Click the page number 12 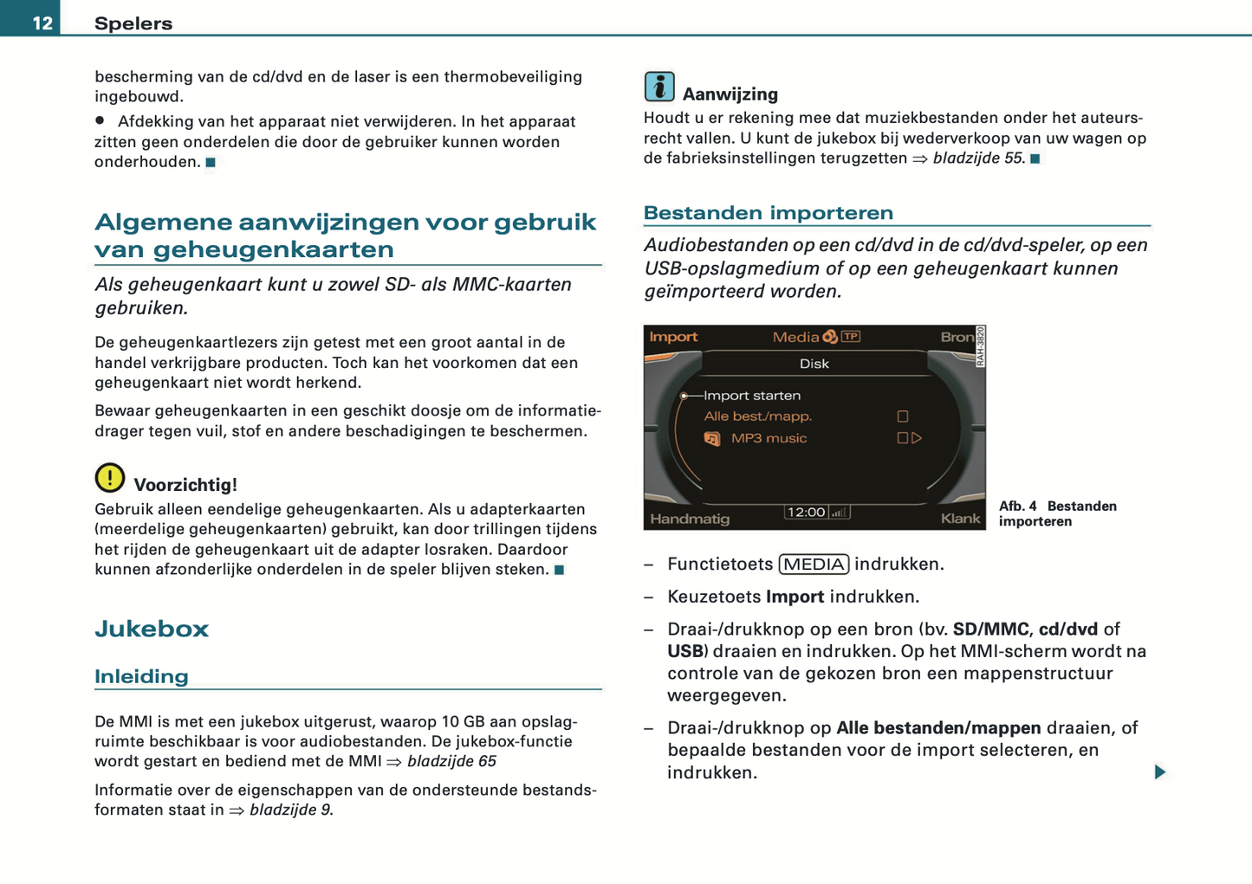(x=42, y=23)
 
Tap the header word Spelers (x=133, y=23)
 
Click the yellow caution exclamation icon (x=110, y=477)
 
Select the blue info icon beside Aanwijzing (x=659, y=87)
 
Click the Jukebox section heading (x=152, y=629)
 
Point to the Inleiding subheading (x=141, y=676)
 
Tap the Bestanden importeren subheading (x=768, y=213)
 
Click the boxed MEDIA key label (x=814, y=565)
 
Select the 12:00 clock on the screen (x=806, y=512)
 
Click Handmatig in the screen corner (x=690, y=519)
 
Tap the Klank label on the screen (x=960, y=519)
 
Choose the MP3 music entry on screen (x=769, y=438)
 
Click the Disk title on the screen (x=814, y=364)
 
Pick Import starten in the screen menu (x=751, y=396)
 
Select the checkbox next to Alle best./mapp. (x=902, y=416)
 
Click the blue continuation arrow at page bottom (x=1160, y=771)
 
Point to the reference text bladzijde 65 (x=451, y=761)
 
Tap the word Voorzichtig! (x=185, y=485)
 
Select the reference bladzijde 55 (x=978, y=158)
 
